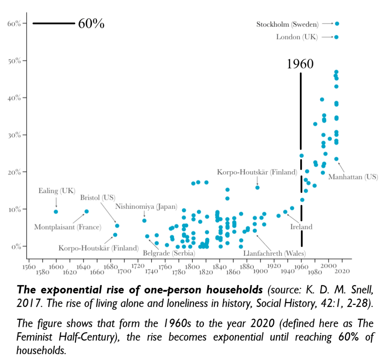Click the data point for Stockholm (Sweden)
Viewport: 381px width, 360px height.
[337, 24]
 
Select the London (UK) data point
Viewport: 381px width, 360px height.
[336, 37]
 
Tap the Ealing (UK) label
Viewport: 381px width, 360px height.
[57, 191]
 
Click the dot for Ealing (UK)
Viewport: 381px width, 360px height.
[56, 211]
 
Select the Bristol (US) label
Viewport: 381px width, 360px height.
[97, 197]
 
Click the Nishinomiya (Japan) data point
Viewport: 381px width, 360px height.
[144, 221]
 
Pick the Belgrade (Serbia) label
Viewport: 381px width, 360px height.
[169, 254]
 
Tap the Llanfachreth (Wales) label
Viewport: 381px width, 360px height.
[274, 254]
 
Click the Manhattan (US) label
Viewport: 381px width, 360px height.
[353, 177]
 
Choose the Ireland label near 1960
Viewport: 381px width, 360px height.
[301, 226]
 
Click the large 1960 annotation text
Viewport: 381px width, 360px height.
[300, 64]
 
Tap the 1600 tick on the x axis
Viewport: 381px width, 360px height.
[56, 267]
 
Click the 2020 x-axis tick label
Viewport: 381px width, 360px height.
[342, 271]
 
